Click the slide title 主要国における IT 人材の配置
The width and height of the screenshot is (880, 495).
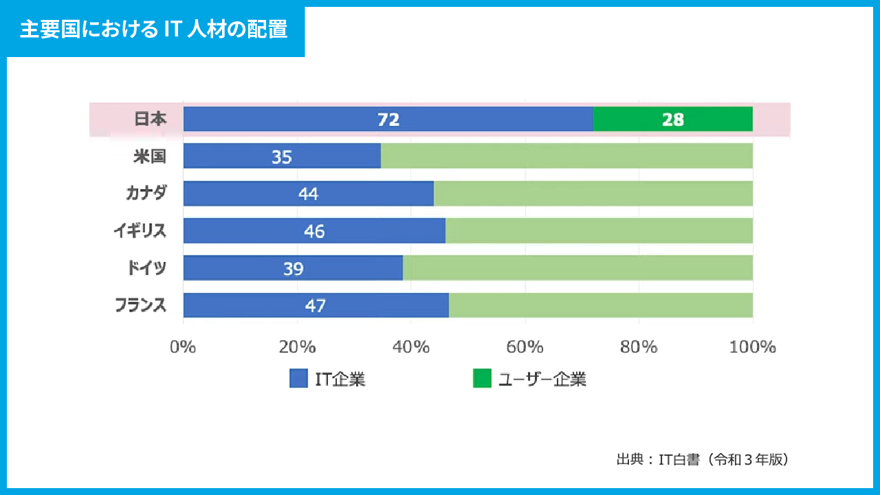[153, 30]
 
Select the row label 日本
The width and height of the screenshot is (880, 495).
[150, 119]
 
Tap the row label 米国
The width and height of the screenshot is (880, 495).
[150, 157]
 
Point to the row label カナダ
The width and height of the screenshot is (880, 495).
[146, 193]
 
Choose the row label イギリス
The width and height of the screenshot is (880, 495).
[140, 231]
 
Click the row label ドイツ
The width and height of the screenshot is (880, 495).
[146, 267]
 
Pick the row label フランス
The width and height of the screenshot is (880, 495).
[140, 305]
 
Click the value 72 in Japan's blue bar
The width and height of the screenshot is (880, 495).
[388, 120]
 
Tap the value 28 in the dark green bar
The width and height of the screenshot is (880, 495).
[673, 120]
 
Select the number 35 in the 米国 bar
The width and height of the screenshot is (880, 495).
[281, 157]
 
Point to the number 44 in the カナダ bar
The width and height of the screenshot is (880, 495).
[308, 195]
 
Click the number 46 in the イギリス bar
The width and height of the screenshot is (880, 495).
[314, 232]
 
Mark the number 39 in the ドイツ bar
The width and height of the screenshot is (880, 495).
[293, 269]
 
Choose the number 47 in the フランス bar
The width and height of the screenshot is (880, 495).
[315, 306]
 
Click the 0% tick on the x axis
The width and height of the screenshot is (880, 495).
[184, 347]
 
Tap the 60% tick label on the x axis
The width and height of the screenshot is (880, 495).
[525, 347]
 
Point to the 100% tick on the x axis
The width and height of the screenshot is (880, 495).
[753, 347]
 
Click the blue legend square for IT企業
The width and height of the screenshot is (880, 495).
[298, 379]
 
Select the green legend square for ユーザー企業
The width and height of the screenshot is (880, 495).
[482, 379]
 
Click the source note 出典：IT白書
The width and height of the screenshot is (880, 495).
[703, 460]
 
